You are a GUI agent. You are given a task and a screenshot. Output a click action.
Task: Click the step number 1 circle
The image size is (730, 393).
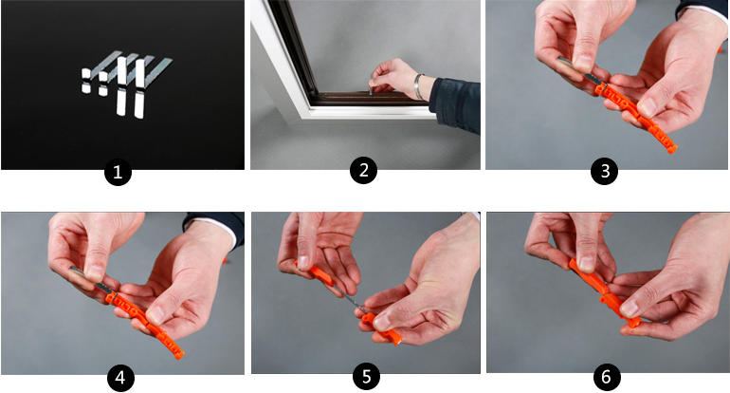118,172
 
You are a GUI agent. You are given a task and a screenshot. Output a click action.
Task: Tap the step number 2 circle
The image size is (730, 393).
364,170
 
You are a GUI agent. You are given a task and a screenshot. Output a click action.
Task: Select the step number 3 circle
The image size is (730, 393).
604,171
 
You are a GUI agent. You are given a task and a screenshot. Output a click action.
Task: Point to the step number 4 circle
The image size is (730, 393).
120,378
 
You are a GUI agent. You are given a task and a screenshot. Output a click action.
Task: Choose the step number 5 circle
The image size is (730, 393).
366,376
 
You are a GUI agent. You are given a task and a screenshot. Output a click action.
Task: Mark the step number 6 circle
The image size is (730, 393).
606,376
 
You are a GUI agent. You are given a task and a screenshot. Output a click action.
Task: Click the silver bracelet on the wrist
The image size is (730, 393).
418,86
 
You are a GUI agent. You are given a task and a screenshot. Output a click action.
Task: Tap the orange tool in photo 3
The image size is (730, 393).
635,117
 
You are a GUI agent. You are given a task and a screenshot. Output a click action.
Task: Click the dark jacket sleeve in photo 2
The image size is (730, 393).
456,104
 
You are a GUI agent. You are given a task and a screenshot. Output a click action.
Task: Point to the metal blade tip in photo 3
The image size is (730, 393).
558,58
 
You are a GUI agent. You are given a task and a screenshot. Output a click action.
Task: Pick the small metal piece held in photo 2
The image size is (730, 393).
371,83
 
